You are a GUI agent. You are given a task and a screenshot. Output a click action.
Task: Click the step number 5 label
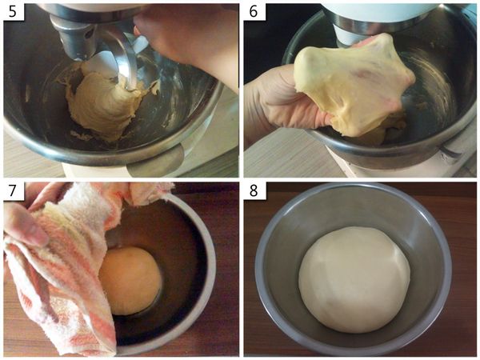[x=13, y=12]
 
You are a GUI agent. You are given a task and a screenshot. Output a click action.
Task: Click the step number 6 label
[x=254, y=12]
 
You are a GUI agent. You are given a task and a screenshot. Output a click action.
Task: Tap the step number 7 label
[x=13, y=191]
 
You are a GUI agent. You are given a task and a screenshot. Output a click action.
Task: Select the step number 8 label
[x=254, y=191]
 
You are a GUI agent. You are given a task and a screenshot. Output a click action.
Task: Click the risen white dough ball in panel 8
[x=354, y=279]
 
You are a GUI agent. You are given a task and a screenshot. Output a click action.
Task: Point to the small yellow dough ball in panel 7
[x=130, y=281]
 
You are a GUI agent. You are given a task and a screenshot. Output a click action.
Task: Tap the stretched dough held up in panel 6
[x=352, y=82]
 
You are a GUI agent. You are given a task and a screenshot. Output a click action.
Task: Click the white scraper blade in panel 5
[x=110, y=62]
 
